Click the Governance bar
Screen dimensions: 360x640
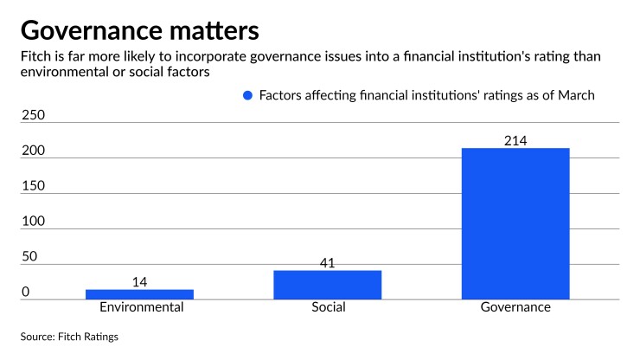515,223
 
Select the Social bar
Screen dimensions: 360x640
327,285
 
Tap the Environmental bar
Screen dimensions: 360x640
139,294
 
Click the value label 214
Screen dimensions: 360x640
515,141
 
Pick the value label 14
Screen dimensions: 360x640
139,282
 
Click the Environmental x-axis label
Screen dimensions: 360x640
139,307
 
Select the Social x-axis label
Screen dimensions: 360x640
327,307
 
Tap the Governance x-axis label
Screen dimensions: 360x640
515,307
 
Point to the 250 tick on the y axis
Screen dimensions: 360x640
32,115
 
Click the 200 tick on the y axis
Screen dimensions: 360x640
32,151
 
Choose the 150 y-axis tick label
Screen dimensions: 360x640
32,186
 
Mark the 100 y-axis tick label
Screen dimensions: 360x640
32,222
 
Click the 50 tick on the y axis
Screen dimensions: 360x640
29,257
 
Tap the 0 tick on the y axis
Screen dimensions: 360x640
25,292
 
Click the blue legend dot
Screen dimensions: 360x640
248,96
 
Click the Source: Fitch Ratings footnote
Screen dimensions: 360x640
69,337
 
